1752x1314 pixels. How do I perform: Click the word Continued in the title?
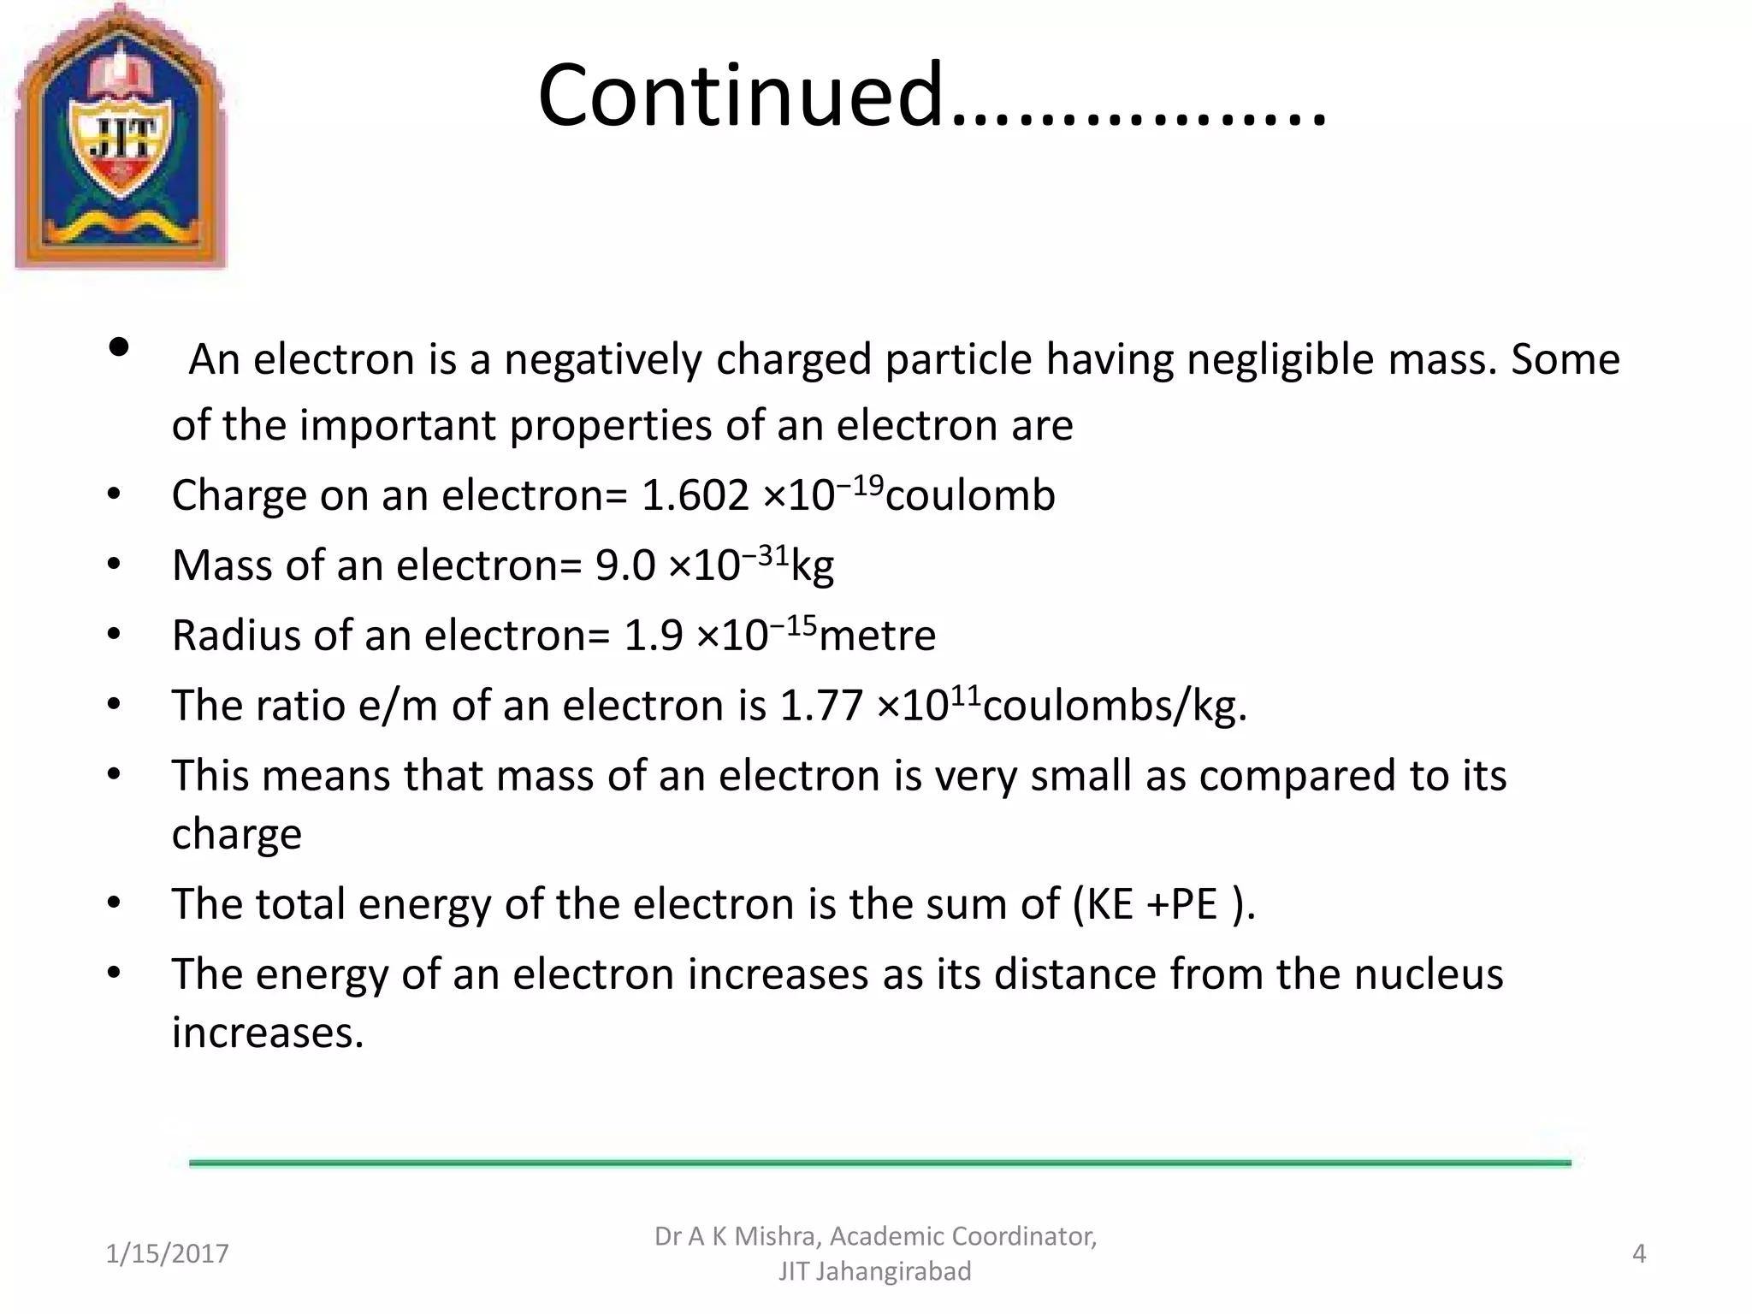740,96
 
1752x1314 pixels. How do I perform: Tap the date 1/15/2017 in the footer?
167,1253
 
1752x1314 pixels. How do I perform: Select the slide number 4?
1639,1253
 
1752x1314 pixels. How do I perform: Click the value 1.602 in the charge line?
695,495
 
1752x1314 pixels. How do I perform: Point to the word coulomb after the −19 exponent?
970,495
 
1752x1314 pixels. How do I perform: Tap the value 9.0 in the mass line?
624,565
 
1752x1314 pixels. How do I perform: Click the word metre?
877,636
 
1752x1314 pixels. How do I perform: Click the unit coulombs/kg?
1114,707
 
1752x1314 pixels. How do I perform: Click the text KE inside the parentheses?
1110,904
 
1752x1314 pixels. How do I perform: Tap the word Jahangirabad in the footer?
893,1271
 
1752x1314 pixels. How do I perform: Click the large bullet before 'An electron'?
119,347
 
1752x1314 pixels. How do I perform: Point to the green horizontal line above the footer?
879,1163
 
